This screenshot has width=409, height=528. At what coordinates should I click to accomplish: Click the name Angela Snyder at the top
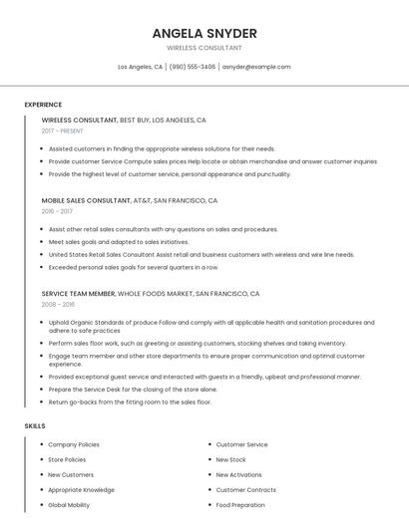pos(204,34)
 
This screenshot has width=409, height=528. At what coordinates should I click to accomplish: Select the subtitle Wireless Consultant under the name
pos(204,48)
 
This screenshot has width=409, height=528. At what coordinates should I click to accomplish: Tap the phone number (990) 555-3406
pos(193,67)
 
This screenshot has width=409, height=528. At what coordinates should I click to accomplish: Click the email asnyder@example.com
pos(256,67)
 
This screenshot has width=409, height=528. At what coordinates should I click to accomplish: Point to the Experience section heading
pos(43,105)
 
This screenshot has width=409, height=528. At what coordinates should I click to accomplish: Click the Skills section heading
pos(35,425)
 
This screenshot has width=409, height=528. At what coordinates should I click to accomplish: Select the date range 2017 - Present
pos(63,131)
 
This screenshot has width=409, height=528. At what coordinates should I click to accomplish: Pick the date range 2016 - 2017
pos(57,211)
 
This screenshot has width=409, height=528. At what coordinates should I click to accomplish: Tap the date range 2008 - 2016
pos(58,305)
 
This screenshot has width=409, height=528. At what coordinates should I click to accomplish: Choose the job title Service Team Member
pos(79,294)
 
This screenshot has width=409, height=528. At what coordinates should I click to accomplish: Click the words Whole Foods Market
pos(155,294)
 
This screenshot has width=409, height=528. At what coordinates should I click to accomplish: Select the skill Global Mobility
pos(69,505)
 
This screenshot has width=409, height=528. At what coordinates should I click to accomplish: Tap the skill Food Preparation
pos(240,505)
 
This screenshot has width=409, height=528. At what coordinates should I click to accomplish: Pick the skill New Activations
pos(239,475)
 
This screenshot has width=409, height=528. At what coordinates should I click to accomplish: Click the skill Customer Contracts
pos(245,490)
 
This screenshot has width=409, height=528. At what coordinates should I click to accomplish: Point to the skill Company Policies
pos(74,444)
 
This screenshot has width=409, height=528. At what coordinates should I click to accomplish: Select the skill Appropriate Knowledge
pos(81,490)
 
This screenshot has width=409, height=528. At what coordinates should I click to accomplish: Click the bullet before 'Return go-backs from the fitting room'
pos(43,402)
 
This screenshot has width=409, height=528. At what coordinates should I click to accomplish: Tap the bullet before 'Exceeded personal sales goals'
pos(43,267)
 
